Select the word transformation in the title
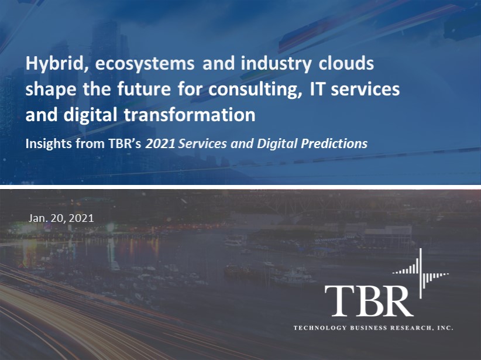pyautogui.click(x=198, y=114)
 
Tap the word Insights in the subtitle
pyautogui.click(x=48, y=143)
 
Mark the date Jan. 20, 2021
pyautogui.click(x=61, y=218)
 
